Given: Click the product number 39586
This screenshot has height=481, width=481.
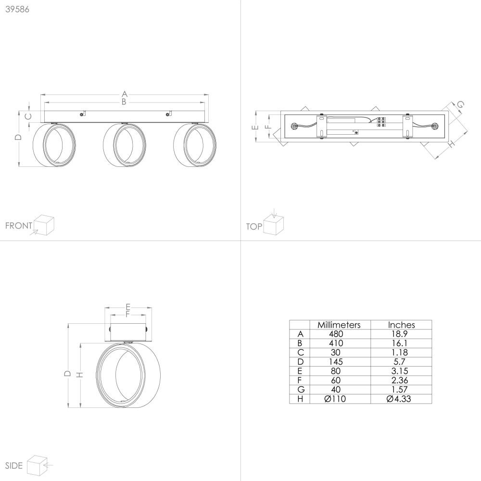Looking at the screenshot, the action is click(17, 9).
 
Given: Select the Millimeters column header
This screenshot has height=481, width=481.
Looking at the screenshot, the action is click(339, 325).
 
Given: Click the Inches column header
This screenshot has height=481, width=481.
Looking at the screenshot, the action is click(401, 325).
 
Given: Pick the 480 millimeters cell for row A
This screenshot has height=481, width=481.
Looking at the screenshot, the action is click(336, 334).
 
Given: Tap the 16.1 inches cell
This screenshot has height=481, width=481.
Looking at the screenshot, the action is click(399, 343).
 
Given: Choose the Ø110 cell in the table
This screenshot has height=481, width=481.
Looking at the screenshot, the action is click(335, 399).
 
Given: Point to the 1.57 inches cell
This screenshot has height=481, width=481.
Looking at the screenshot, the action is click(399, 390).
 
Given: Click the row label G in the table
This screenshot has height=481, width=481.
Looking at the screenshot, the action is click(301, 390).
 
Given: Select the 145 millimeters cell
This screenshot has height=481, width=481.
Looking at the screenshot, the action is click(336, 362).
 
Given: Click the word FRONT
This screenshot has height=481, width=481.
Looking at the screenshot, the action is click(19, 226).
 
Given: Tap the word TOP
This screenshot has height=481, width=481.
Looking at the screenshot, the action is click(254, 227).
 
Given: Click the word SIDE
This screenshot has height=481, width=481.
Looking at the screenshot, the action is click(14, 466).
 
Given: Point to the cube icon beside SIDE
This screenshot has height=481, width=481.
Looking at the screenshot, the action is click(37, 466).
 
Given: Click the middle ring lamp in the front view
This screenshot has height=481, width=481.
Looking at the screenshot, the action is click(124, 145).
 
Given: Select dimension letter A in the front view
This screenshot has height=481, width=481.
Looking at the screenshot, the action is click(124, 94).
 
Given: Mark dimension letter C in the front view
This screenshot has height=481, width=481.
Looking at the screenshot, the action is click(27, 116).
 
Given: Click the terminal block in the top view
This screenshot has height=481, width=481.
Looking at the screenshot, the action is click(381, 122).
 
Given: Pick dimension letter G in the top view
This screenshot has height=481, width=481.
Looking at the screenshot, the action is click(460, 104).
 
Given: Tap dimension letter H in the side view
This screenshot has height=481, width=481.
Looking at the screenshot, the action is click(80, 375).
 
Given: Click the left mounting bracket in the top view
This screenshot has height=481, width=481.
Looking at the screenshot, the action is click(321, 127).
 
